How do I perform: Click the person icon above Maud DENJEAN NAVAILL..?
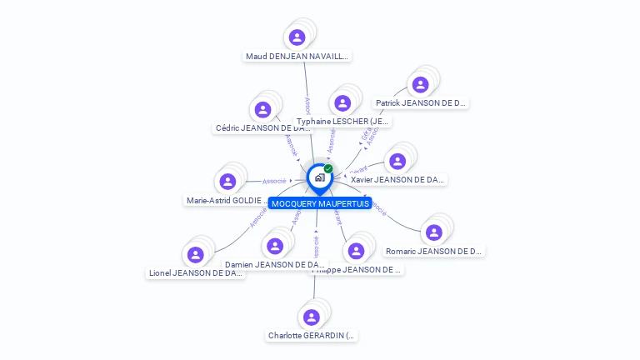click(x=297, y=37)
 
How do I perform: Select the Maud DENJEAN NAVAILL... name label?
click(x=297, y=57)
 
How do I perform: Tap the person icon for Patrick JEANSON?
click(x=420, y=84)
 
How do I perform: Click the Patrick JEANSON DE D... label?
click(x=420, y=103)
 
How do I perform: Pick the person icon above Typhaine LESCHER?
click(x=342, y=103)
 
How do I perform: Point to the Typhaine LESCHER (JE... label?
click(x=342, y=122)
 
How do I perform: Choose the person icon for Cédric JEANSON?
click(x=262, y=110)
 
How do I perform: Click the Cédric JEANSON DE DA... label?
click(x=262, y=128)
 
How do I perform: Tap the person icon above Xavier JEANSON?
click(x=397, y=161)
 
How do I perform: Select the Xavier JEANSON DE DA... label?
click(x=397, y=179)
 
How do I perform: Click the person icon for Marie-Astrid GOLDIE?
click(x=227, y=182)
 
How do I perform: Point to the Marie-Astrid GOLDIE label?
click(x=227, y=201)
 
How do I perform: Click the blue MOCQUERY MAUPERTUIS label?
click(x=320, y=203)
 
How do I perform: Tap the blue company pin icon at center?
click(x=318, y=177)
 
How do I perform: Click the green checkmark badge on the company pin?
click(x=328, y=168)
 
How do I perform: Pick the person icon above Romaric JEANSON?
click(x=433, y=232)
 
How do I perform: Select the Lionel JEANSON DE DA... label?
click(x=196, y=272)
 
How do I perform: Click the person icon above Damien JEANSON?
click(x=275, y=247)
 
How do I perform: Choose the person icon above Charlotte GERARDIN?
click(x=312, y=317)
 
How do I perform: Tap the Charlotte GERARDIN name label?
click(x=312, y=336)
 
